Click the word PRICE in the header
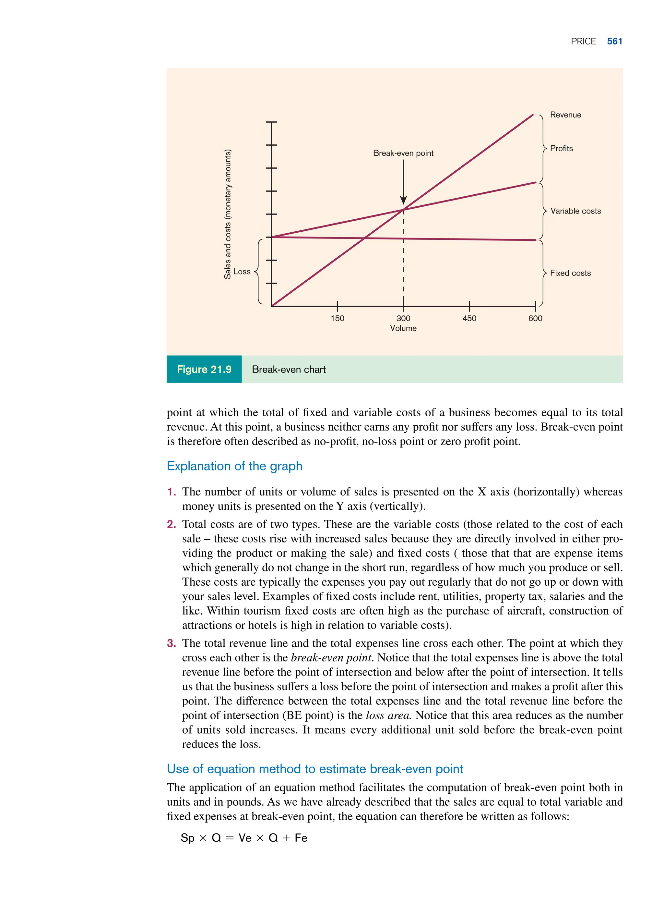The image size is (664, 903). pyautogui.click(x=583, y=42)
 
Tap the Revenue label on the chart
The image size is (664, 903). pyautogui.click(x=565, y=115)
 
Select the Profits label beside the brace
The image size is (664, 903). pyautogui.click(x=561, y=148)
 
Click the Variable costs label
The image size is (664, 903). pyautogui.click(x=575, y=211)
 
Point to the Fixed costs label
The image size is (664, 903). pyautogui.click(x=570, y=273)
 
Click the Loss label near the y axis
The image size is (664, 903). pyautogui.click(x=242, y=272)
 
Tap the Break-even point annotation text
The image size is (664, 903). pyautogui.click(x=403, y=153)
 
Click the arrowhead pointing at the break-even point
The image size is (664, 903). pyautogui.click(x=403, y=200)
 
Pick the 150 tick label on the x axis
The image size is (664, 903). pyautogui.click(x=337, y=319)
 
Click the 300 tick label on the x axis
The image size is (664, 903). pyautogui.click(x=403, y=319)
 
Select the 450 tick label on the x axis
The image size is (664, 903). pyautogui.click(x=469, y=319)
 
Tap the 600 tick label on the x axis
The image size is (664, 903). pyautogui.click(x=535, y=319)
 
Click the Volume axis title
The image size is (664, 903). pyautogui.click(x=403, y=328)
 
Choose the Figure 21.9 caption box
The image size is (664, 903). pyautogui.click(x=204, y=369)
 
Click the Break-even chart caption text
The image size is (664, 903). pyautogui.click(x=289, y=370)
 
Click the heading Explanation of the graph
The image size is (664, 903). pyautogui.click(x=234, y=466)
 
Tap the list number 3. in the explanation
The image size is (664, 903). pyautogui.click(x=172, y=643)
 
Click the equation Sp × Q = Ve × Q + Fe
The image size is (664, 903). pyautogui.click(x=244, y=838)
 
